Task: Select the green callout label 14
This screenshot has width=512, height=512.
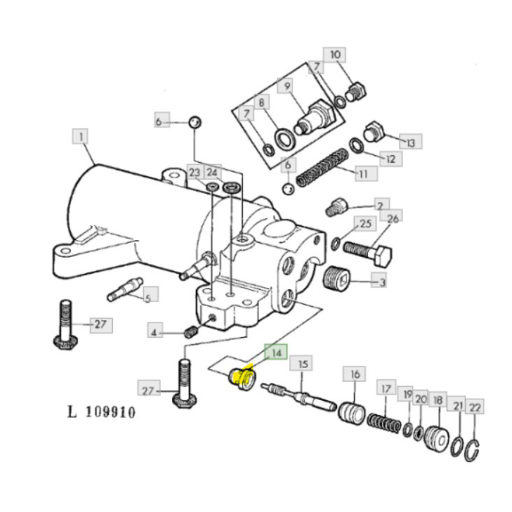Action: [x=275, y=353]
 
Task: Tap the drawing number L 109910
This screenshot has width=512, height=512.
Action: [x=101, y=412]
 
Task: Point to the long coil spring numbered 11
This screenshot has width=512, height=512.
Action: [x=323, y=167]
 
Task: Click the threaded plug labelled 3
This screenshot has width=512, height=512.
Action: [x=336, y=278]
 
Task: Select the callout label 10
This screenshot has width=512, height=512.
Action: [x=335, y=56]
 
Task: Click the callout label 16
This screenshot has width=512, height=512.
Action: [x=355, y=374]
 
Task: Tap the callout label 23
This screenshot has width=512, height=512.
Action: [x=194, y=173]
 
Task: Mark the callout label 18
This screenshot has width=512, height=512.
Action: [x=438, y=400]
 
